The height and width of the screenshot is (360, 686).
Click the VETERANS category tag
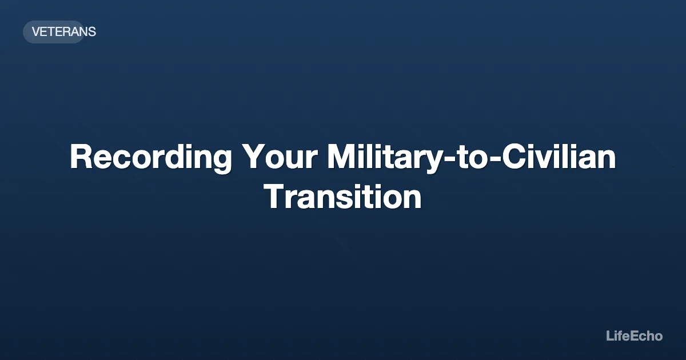[x=63, y=32]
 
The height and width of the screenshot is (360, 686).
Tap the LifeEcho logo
[x=634, y=336]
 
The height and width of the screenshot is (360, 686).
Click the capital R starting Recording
[x=81, y=157]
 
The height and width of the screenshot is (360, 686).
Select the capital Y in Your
[x=253, y=157]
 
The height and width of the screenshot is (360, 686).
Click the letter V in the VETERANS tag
[x=35, y=32]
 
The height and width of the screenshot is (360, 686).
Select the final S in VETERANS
[x=92, y=32]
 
